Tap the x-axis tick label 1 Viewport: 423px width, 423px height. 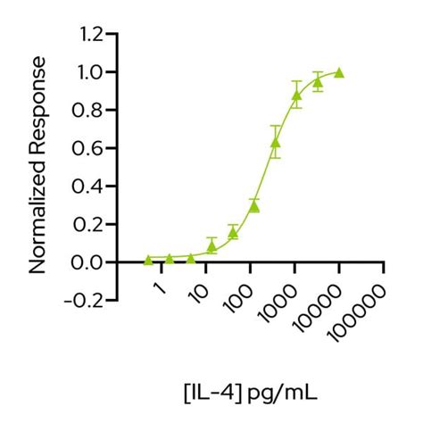click(159, 290)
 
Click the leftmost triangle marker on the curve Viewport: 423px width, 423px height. click(148, 260)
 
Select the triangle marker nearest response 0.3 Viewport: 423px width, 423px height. click(254, 206)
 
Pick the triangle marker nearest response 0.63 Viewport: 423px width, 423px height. click(276, 142)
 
